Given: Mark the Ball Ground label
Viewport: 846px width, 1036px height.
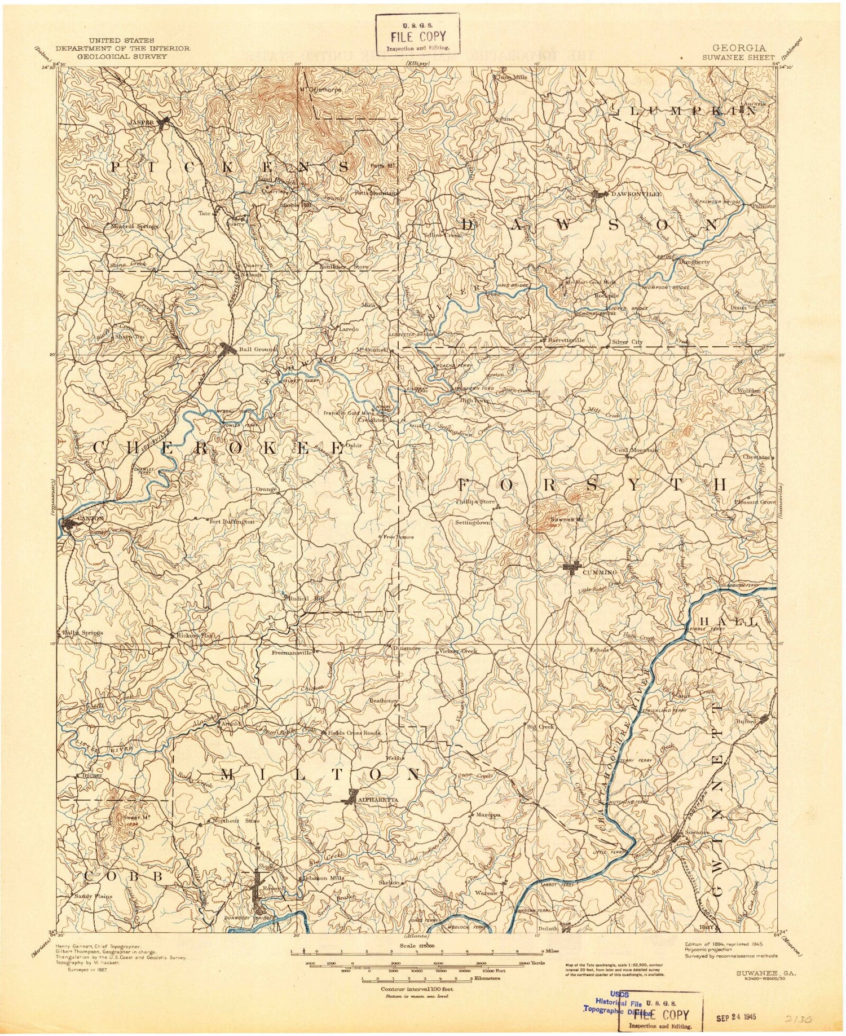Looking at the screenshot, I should (258, 349).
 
